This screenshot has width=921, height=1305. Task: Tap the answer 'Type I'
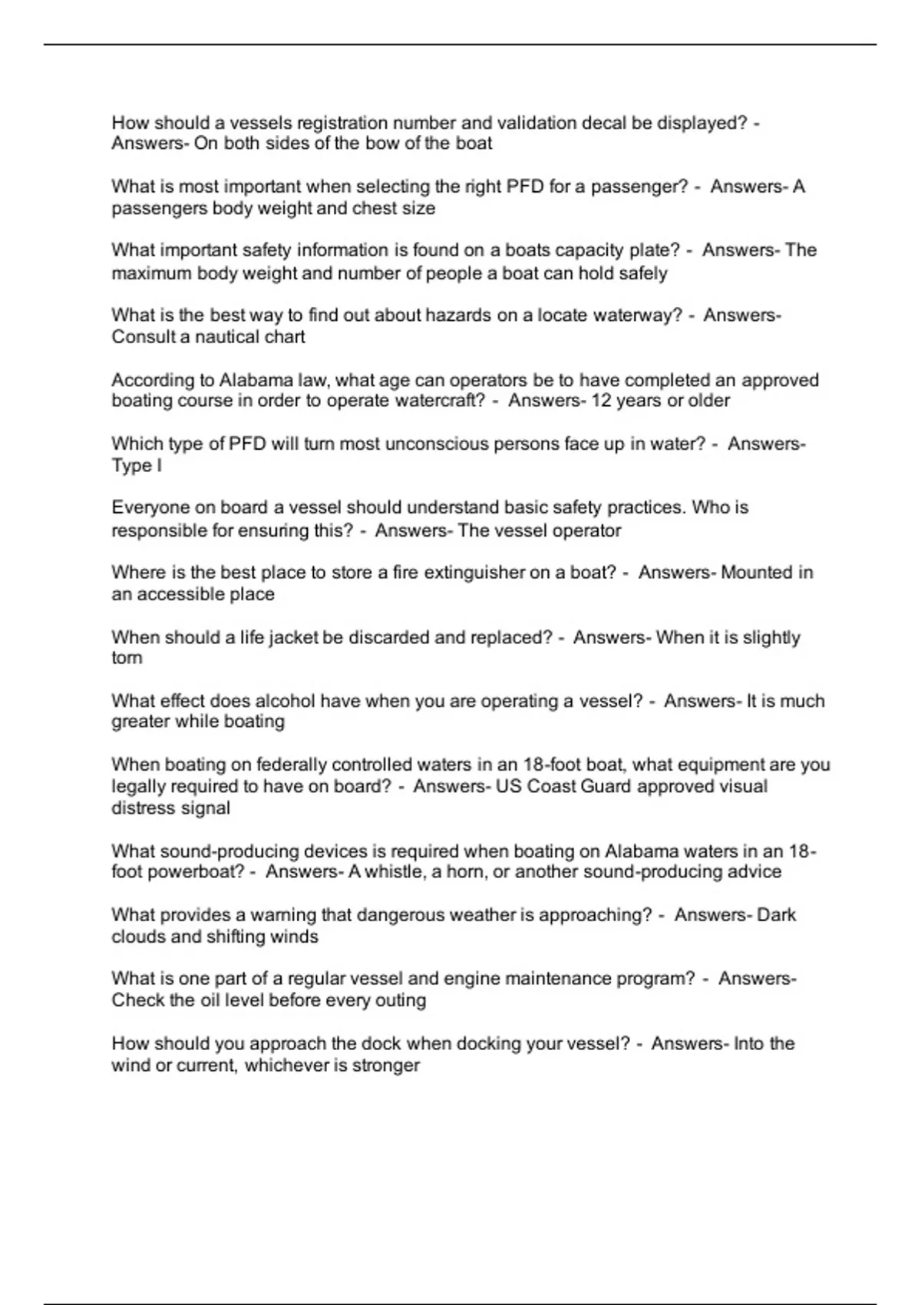(x=137, y=466)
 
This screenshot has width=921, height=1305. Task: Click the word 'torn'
(x=127, y=658)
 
